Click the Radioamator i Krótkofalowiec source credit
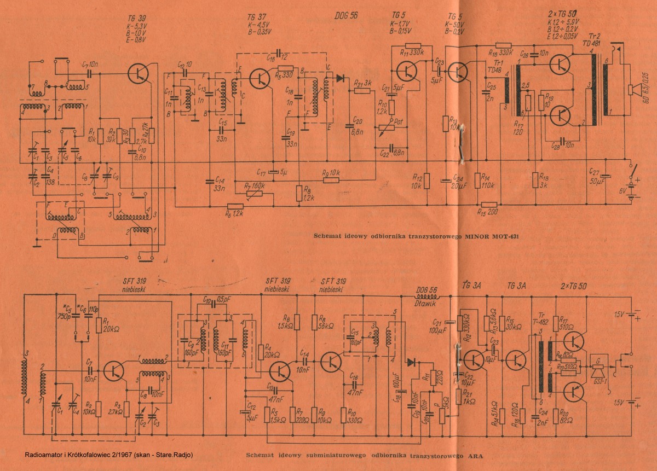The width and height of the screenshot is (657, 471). coord(109,455)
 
